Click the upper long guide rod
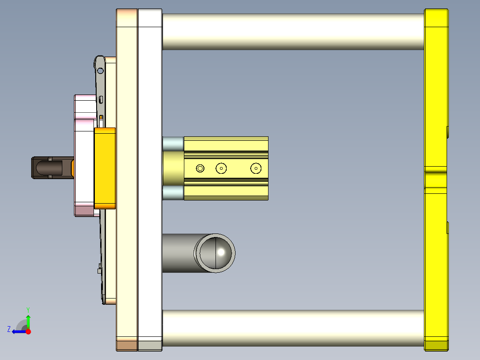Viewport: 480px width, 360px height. point(293,32)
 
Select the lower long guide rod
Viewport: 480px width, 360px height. point(293,328)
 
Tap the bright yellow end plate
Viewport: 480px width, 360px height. point(436,180)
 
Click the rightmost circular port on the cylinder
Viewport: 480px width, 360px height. point(256,168)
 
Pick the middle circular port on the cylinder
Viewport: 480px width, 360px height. point(221,168)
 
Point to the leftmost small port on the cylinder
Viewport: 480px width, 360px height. point(200,168)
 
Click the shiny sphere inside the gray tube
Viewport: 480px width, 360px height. point(216,253)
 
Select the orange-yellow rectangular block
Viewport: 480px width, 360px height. point(105,168)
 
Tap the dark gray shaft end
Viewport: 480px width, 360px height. point(52,168)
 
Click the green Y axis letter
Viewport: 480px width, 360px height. point(28,310)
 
